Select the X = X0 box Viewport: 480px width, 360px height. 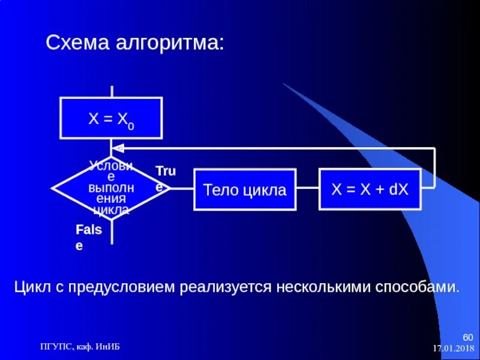(x=111, y=118)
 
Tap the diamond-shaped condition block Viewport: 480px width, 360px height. (x=112, y=188)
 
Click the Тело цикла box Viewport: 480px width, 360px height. (x=245, y=190)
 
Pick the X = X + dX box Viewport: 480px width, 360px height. (x=370, y=189)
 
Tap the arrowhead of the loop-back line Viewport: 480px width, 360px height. (x=119, y=148)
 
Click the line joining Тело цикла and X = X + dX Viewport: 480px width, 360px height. (x=307, y=189)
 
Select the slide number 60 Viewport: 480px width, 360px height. (x=467, y=336)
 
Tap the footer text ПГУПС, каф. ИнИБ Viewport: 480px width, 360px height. (x=79, y=346)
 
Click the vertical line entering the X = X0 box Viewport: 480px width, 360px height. (x=111, y=91)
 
